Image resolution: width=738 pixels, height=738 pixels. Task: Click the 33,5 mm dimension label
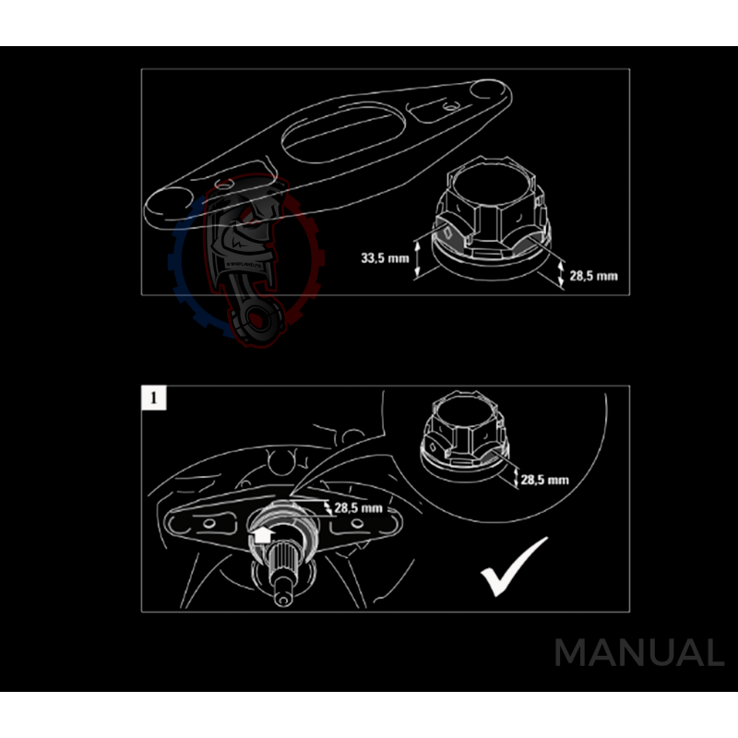click(x=385, y=258)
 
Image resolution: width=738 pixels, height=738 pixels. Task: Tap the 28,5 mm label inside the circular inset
click(x=544, y=480)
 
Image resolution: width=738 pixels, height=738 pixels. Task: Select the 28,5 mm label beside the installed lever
click(x=358, y=507)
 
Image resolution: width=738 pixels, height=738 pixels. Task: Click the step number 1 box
click(x=153, y=399)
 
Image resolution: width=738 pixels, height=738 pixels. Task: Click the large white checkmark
click(x=513, y=565)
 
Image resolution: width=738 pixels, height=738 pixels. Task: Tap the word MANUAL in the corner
click(x=638, y=654)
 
